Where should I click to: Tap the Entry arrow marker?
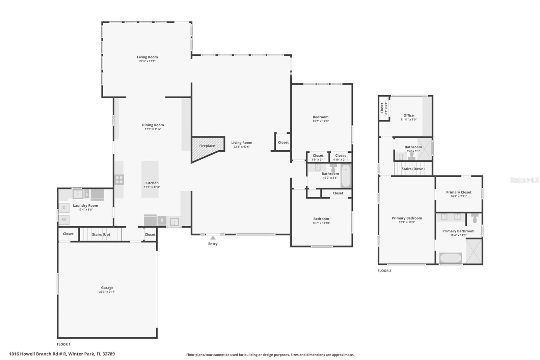click(213, 238)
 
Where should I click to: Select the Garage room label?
click(107, 288)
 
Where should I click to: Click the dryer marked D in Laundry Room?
click(64, 208)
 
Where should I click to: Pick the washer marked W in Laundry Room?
click(64, 220)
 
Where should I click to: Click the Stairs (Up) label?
click(101, 234)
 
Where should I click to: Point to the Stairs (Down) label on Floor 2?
click(413, 169)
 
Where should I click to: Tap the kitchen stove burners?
click(119, 180)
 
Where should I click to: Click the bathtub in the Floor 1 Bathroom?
click(346, 176)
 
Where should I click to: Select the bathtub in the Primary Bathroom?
click(451, 258)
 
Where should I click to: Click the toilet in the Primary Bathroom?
click(475, 218)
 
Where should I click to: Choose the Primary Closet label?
click(459, 192)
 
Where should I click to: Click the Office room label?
click(408, 115)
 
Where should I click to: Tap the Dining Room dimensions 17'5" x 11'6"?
click(153, 129)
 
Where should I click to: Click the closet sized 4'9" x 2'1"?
click(318, 157)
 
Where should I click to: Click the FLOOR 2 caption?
click(384, 271)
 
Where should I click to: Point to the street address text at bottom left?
click(62, 354)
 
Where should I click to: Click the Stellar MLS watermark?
click(524, 180)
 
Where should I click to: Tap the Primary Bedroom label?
click(407, 218)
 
